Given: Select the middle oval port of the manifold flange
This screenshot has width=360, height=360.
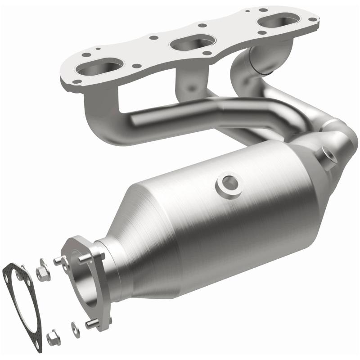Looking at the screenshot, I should click(x=189, y=43).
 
